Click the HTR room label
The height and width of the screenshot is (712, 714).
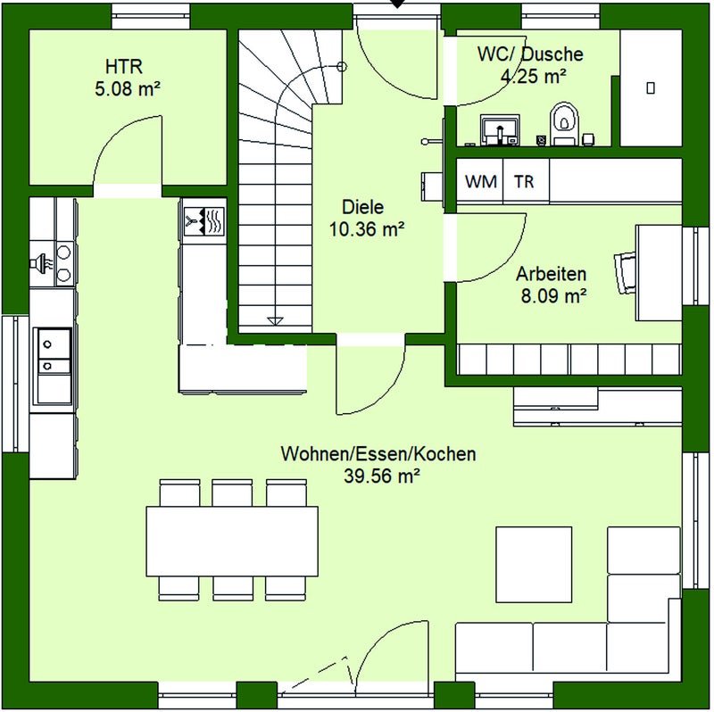pyautogui.click(x=124, y=66)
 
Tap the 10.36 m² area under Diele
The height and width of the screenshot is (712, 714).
pyautogui.click(x=367, y=229)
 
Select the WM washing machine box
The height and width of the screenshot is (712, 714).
pyautogui.click(x=480, y=181)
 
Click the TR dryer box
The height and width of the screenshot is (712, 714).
pyautogui.click(x=526, y=181)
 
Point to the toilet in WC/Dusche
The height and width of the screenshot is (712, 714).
pyautogui.click(x=564, y=123)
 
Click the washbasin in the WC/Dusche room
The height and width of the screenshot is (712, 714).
pyautogui.click(x=500, y=129)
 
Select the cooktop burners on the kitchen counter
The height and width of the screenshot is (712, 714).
pyautogui.click(x=63, y=263)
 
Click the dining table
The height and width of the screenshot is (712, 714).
pyautogui.click(x=232, y=542)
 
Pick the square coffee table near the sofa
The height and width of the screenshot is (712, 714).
pyautogui.click(x=534, y=565)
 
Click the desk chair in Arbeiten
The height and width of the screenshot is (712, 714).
pyautogui.click(x=626, y=273)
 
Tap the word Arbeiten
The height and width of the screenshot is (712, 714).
pyautogui.click(x=551, y=274)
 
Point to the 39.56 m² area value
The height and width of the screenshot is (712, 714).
pyautogui.click(x=382, y=476)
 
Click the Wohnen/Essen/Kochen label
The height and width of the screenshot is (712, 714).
pyautogui.click(x=378, y=454)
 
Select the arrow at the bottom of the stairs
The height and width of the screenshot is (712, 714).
pyautogui.click(x=275, y=321)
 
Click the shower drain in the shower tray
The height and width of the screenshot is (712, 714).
pyautogui.click(x=651, y=87)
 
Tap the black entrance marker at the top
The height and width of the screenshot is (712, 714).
pyautogui.click(x=398, y=4)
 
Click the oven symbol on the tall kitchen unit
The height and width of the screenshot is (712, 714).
pyautogui.click(x=204, y=221)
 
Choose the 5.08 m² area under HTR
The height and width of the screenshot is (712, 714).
pyautogui.click(x=128, y=88)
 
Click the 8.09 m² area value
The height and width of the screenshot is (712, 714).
pyautogui.click(x=553, y=296)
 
